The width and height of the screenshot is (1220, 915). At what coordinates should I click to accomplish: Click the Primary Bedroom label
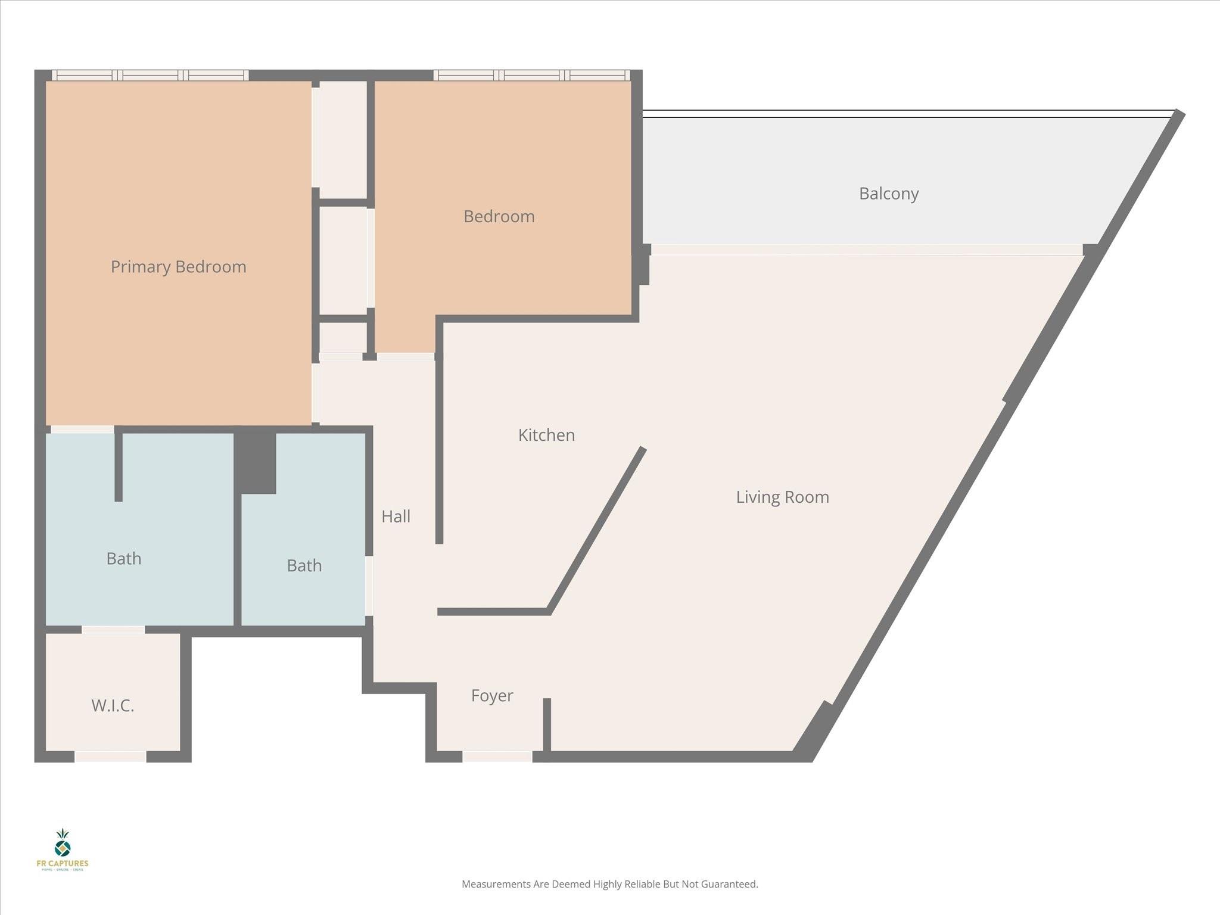point(178,267)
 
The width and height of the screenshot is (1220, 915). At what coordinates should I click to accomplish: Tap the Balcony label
point(888,194)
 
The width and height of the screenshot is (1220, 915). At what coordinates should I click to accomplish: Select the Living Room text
point(782,497)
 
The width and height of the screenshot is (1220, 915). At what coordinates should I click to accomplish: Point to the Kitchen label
point(546,435)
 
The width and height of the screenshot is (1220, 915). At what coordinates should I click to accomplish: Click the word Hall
point(396,516)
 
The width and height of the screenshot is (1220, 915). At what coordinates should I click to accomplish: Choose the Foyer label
point(491,696)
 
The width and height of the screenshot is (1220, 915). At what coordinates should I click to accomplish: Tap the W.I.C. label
point(113,706)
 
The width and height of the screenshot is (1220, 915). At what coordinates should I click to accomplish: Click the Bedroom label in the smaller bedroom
point(499,216)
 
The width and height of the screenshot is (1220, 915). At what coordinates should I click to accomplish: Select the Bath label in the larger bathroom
point(123,559)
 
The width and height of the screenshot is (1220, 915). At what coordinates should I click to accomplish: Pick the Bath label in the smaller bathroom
point(304,566)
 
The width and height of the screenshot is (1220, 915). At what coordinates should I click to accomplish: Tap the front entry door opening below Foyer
point(497,757)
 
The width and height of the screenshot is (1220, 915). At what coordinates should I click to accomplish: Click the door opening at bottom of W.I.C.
point(110,757)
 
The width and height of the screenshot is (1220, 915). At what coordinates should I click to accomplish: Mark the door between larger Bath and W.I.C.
point(113,630)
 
